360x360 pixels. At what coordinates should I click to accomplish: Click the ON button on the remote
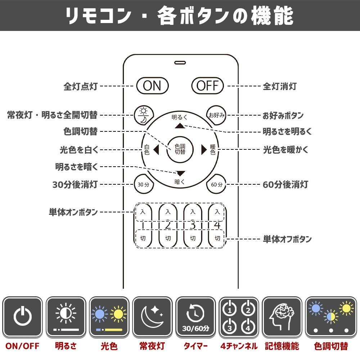point(152,86)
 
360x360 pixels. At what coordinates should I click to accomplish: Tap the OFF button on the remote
point(208,86)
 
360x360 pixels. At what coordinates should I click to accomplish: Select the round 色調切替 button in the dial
point(180,149)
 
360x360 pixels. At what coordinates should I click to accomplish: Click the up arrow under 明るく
point(180,126)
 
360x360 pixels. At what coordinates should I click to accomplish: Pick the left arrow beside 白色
point(156,150)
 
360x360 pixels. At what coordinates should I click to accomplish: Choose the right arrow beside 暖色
point(204,150)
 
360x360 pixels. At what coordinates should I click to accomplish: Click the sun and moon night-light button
point(144,115)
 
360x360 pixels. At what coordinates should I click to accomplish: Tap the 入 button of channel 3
point(193,212)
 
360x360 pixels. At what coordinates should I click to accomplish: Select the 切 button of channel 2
point(168,238)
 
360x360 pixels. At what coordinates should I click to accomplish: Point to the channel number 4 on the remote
point(217,225)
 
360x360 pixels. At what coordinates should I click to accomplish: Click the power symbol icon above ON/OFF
point(22,316)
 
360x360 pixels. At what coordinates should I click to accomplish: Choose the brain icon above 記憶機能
point(282,316)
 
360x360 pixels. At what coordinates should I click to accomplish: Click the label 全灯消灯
point(280,86)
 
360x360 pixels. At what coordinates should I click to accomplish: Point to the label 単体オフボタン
point(287,239)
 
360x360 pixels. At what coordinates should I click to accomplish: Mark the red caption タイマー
point(195,346)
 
